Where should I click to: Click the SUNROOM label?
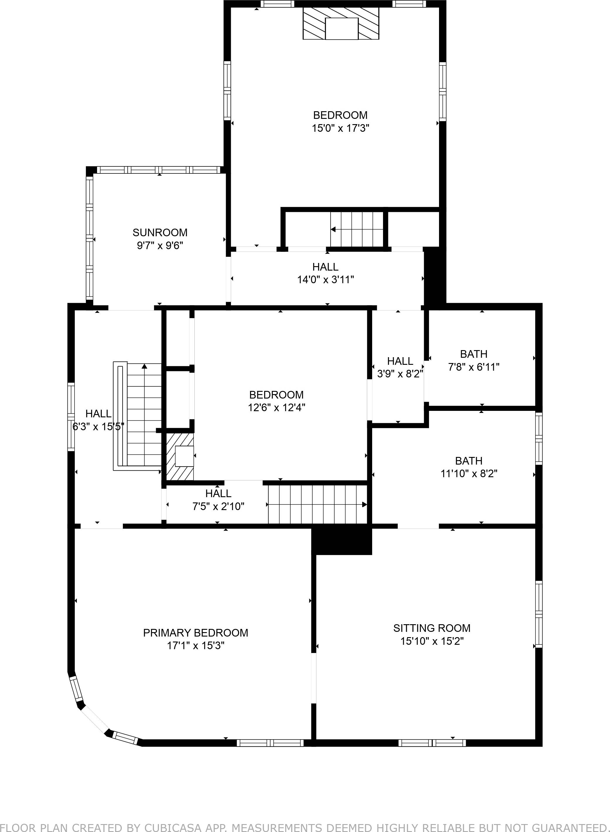pyautogui.click(x=160, y=232)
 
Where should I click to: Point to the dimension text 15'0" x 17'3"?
pyautogui.click(x=340, y=128)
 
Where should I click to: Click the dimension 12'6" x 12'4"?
pyautogui.click(x=277, y=408)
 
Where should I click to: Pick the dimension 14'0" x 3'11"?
pyautogui.click(x=325, y=280)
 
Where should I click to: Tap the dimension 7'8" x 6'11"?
pyautogui.click(x=474, y=367)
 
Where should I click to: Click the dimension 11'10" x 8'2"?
pyautogui.click(x=469, y=474)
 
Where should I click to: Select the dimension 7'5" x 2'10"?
pyautogui.click(x=218, y=506)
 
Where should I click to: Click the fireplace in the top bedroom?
pyautogui.click(x=341, y=24)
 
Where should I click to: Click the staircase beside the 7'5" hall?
pyautogui.click(x=318, y=505)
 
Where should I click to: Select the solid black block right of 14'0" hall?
pyautogui.click(x=435, y=277)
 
